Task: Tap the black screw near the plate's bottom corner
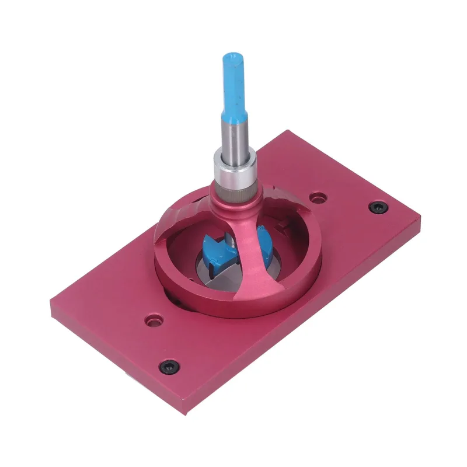[169, 366]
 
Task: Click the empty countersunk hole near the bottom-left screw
[154, 320]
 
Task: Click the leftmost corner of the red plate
[51, 306]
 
